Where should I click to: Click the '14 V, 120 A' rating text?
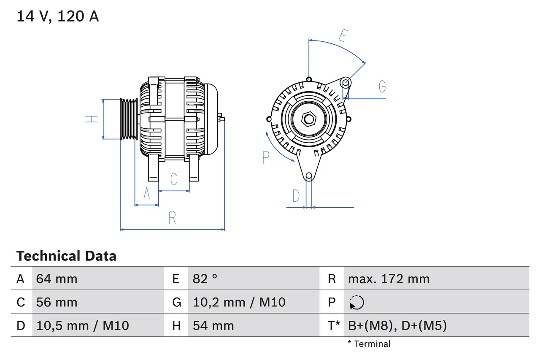[x=58, y=16]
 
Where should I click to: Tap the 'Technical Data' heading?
[x=66, y=256]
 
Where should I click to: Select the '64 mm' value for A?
[x=57, y=279]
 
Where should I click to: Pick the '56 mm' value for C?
[x=57, y=302]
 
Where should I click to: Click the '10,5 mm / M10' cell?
[x=83, y=325]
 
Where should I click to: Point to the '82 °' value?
[x=205, y=279]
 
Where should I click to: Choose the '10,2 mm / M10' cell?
[x=239, y=302]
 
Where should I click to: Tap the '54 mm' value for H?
[x=213, y=325]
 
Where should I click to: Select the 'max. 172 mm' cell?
[x=389, y=279]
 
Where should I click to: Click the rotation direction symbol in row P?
[x=356, y=303]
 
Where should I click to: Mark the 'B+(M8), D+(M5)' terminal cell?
[x=397, y=325]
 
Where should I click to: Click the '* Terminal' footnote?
[x=369, y=344]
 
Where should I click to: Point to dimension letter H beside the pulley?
[x=92, y=119]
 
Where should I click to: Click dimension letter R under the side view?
[x=172, y=218]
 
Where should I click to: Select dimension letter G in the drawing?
[x=382, y=87]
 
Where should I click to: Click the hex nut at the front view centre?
[x=309, y=119]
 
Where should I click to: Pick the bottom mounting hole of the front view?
[x=309, y=176]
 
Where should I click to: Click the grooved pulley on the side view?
[x=129, y=119]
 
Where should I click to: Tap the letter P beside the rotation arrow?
[x=266, y=157]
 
